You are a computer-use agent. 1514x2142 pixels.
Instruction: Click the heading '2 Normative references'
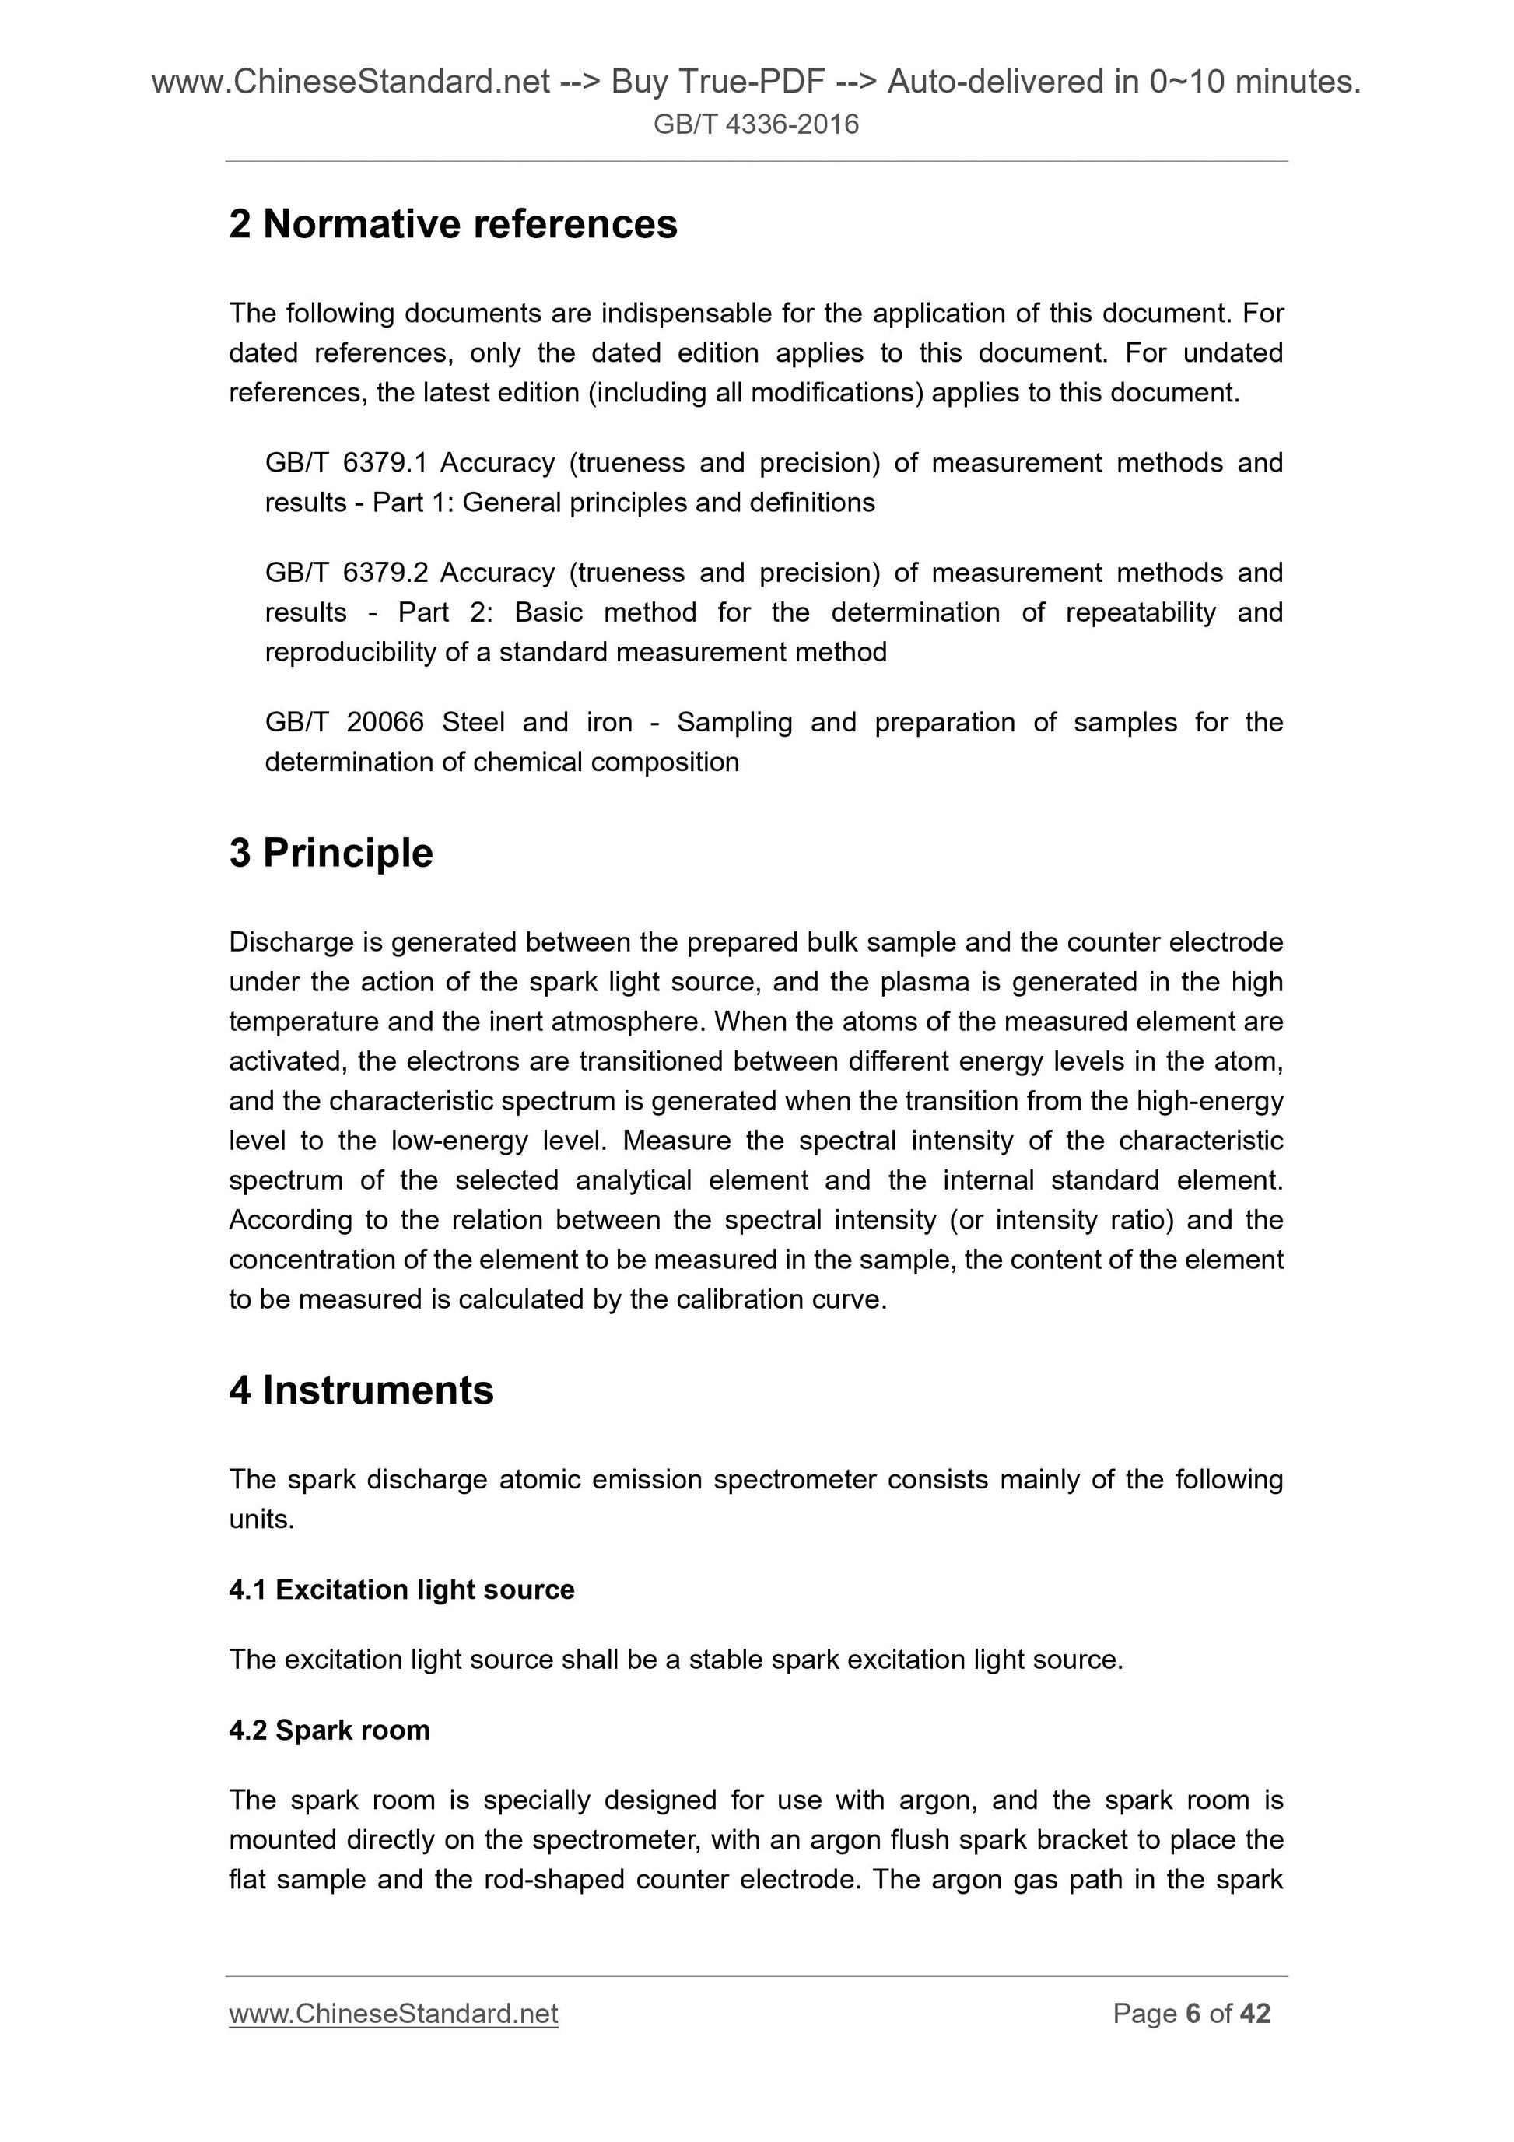(453, 225)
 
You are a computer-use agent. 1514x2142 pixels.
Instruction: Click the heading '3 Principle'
(331, 854)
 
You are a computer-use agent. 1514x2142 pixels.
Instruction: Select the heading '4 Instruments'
(361, 1390)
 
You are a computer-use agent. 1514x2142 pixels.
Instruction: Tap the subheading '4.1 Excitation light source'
(401, 1590)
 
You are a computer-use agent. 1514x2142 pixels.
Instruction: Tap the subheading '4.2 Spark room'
(329, 1730)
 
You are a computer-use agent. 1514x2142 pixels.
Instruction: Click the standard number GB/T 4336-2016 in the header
(755, 124)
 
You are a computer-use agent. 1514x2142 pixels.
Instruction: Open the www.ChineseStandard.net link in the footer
(393, 2014)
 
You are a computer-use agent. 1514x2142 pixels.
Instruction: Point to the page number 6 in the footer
(1192, 2014)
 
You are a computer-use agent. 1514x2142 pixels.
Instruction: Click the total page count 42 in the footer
(1255, 2014)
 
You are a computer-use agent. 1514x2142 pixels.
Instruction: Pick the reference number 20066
(384, 723)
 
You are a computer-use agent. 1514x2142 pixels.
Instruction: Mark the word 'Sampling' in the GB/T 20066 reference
(735, 723)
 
